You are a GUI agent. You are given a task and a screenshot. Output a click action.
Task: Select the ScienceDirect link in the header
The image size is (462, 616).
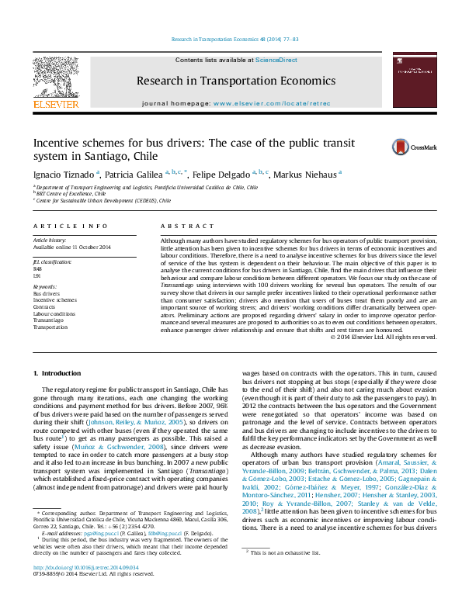pyautogui.click(x=276, y=60)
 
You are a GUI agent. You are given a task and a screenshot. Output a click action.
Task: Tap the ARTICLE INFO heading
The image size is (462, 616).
pyautogui.click(x=70, y=226)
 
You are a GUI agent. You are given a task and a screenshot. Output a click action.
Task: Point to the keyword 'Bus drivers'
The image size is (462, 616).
pyautogui.click(x=46, y=295)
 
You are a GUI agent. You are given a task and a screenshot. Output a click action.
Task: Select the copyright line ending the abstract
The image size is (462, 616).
pyautogui.click(x=384, y=337)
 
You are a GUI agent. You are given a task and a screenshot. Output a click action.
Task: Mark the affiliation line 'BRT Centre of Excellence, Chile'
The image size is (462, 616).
pyautogui.click(x=71, y=193)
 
